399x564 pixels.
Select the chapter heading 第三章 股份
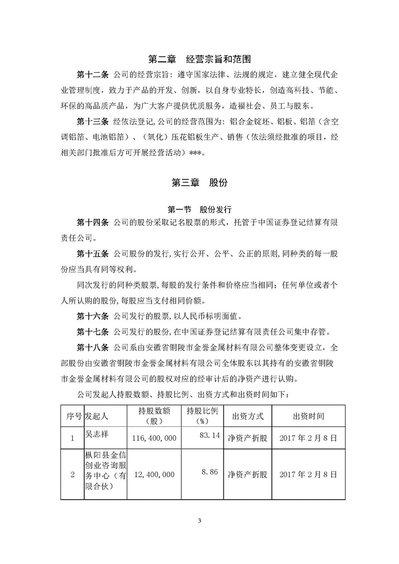tap(199, 183)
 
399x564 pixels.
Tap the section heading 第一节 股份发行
tap(199, 209)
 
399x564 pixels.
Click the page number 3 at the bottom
tap(199, 521)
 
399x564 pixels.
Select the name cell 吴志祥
tap(97, 434)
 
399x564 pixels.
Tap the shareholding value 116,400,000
tap(154, 439)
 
